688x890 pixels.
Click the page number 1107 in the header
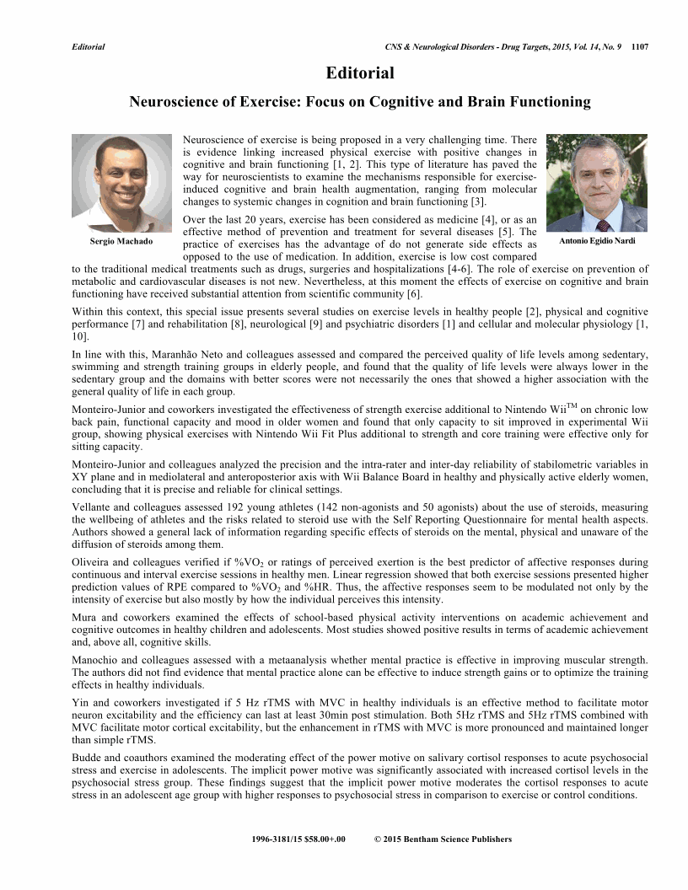pyautogui.click(x=639, y=47)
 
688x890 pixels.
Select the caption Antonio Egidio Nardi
pyautogui.click(x=596, y=241)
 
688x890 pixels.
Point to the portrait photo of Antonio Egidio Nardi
pyautogui.click(x=597, y=183)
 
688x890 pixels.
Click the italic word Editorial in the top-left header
pyautogui.click(x=89, y=47)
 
